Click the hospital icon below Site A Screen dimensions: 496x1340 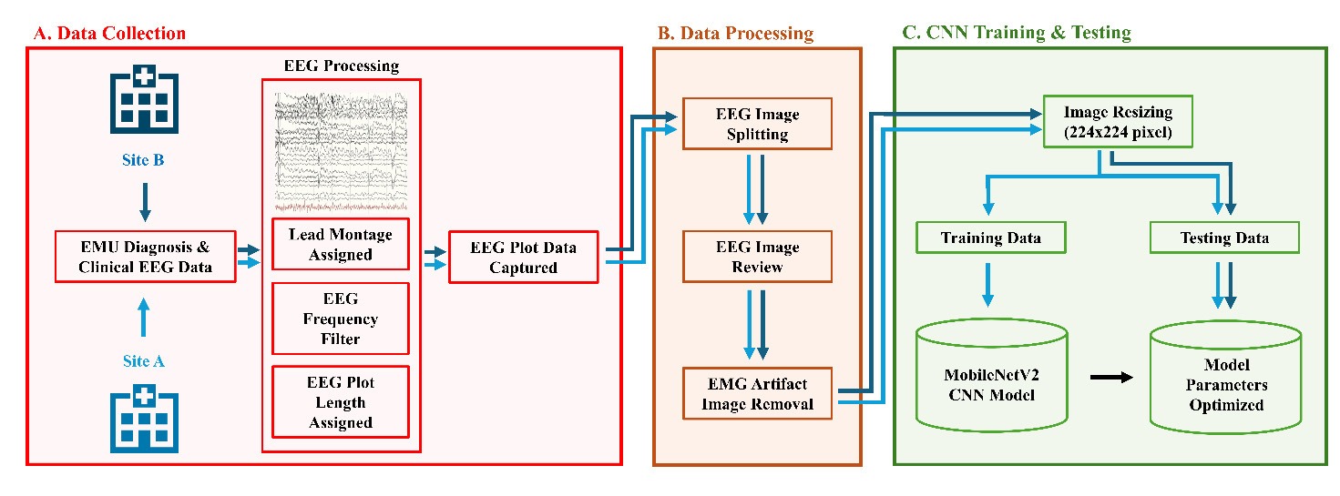pos(143,420)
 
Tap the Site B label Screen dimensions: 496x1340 pos(143,160)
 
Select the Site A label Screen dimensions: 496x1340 pos(143,361)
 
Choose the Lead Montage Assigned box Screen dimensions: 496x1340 pos(341,244)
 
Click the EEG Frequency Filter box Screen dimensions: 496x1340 pos(341,319)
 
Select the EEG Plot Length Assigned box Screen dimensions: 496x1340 pos(341,402)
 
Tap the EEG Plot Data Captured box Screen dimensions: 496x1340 pos(524,257)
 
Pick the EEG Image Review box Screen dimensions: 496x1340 pos(758,257)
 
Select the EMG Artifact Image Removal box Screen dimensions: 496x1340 pos(758,393)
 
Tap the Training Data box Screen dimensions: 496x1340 pos(989,238)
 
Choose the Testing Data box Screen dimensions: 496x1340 pos(1224,238)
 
